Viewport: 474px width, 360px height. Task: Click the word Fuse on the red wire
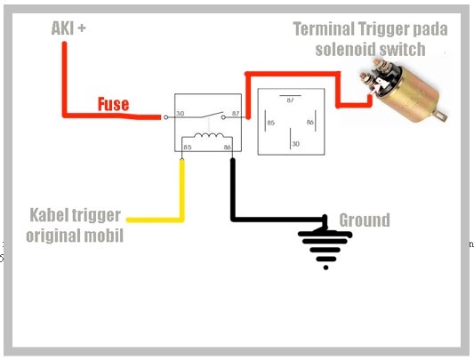click(113, 105)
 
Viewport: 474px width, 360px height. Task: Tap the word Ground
click(364, 220)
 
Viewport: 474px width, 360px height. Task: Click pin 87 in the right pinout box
click(290, 100)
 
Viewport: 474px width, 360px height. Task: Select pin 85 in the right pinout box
click(269, 121)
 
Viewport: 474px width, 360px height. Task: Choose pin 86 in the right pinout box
click(311, 121)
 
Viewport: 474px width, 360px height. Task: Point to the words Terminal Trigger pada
click(370, 29)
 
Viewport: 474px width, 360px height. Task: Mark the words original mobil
click(75, 236)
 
